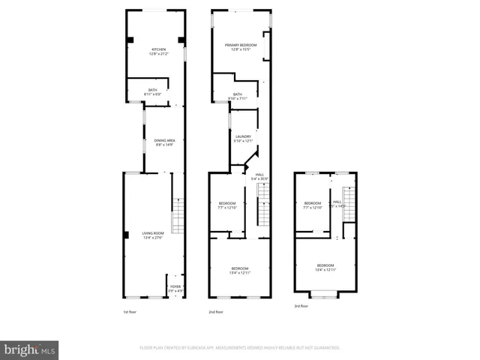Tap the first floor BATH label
click(152, 92)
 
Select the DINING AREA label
click(164, 142)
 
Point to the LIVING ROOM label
click(153, 235)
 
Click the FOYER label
click(175, 288)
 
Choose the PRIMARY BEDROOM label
click(241, 47)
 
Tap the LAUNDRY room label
click(243, 138)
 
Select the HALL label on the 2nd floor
click(259, 176)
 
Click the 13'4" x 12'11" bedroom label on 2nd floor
click(240, 271)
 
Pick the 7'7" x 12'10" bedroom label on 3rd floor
click(312, 205)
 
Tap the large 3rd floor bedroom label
click(325, 267)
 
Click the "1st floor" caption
click(130, 312)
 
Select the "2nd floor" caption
click(215, 312)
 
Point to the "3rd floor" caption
click(301, 306)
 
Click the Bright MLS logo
click(29, 349)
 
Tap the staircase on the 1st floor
click(177, 216)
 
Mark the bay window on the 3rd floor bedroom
click(325, 295)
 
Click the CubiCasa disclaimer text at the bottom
click(239, 348)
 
